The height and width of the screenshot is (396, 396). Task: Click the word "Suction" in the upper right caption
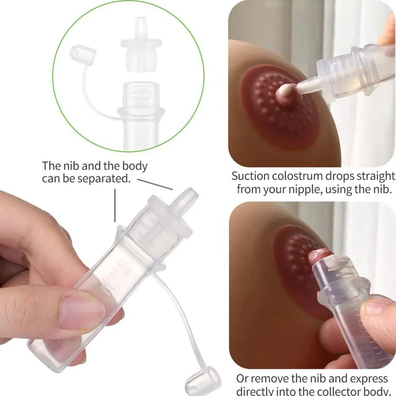tap(250, 176)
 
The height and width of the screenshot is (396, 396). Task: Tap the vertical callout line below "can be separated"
tap(115, 205)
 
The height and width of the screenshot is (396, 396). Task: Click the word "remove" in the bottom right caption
tap(269, 379)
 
